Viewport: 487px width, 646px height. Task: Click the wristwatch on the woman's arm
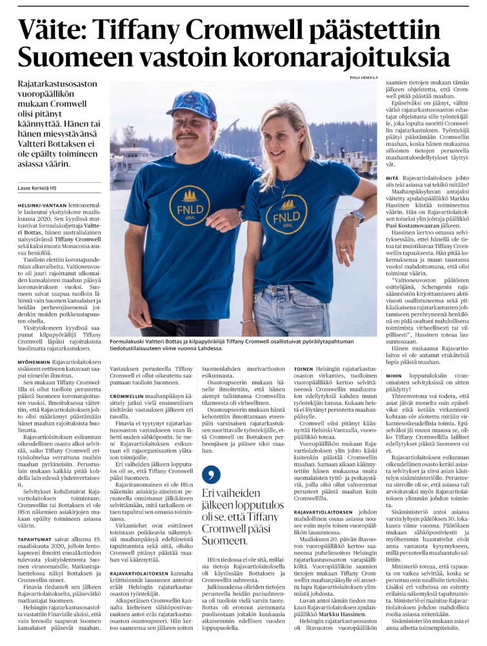[x=357, y=216]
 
